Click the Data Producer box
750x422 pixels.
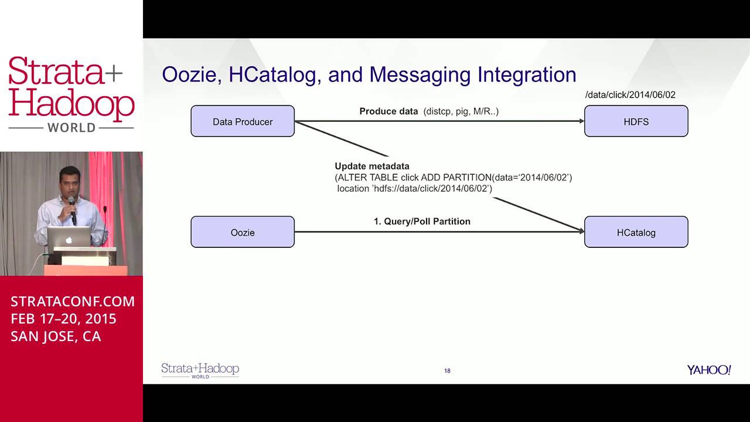click(243, 121)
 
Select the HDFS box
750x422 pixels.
click(636, 121)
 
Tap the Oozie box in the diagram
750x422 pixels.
click(243, 232)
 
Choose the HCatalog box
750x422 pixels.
click(636, 232)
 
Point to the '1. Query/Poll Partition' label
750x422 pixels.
click(422, 222)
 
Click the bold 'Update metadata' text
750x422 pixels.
click(372, 166)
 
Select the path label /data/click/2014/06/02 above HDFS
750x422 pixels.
click(630, 95)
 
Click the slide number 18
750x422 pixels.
click(447, 370)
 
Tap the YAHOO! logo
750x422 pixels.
click(709, 370)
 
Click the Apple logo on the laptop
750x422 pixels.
click(69, 240)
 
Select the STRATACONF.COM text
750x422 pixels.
click(73, 301)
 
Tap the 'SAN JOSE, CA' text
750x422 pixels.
click(56, 336)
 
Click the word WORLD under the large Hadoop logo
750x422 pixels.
click(71, 128)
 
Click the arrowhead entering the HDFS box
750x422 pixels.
click(581, 121)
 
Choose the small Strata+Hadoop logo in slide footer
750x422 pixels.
click(200, 370)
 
